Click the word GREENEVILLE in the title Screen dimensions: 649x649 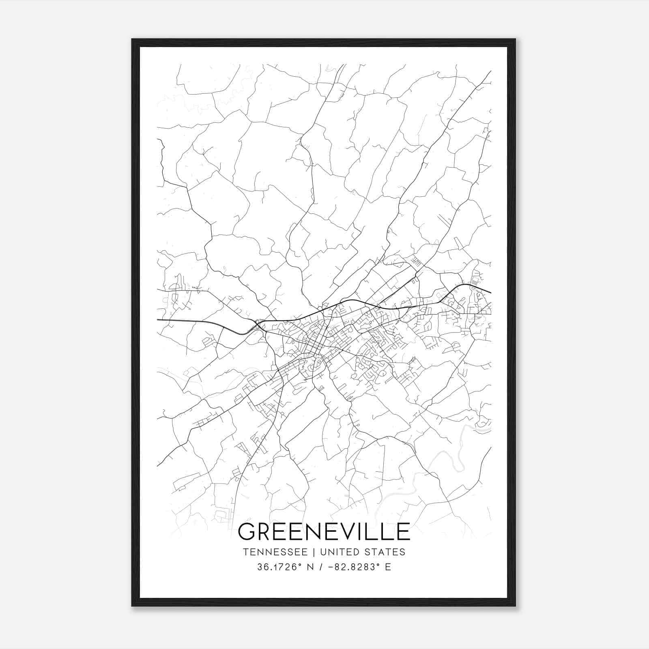[x=324, y=531]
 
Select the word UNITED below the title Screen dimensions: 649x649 [x=340, y=552]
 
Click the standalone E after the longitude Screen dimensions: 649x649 [x=388, y=567]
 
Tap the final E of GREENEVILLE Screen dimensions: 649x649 [x=403, y=531]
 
